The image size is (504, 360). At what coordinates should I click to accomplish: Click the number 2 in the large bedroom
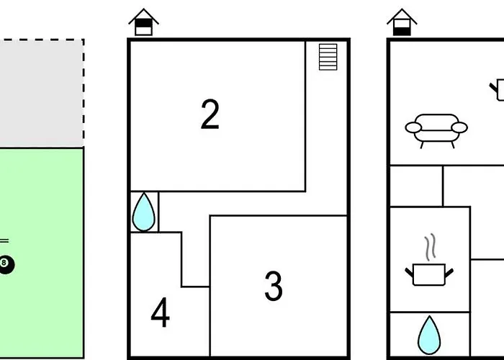(x=210, y=114)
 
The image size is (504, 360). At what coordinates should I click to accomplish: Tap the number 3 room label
(x=274, y=286)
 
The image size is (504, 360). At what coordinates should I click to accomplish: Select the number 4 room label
(x=160, y=312)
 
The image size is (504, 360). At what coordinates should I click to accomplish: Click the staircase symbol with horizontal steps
(x=328, y=57)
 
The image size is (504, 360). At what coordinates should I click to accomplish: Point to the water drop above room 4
(x=144, y=212)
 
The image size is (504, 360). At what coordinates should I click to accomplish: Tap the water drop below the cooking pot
(x=429, y=336)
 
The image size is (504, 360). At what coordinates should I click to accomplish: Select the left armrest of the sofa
(x=413, y=127)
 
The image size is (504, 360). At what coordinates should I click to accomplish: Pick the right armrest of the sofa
(x=459, y=127)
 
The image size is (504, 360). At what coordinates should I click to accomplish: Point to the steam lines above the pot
(x=431, y=247)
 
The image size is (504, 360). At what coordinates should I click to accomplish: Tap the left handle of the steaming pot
(x=409, y=273)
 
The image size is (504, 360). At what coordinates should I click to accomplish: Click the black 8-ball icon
(x=6, y=264)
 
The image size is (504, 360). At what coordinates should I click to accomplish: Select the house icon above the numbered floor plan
(x=143, y=22)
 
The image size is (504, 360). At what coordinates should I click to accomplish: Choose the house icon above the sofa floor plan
(x=402, y=22)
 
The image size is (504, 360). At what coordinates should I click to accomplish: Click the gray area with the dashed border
(x=42, y=93)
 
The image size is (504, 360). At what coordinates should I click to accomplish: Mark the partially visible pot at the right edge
(x=498, y=90)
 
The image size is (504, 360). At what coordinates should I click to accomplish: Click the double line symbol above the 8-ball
(x=4, y=240)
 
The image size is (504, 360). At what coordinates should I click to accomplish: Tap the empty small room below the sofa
(x=416, y=186)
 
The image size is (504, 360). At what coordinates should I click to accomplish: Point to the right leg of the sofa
(x=453, y=145)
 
